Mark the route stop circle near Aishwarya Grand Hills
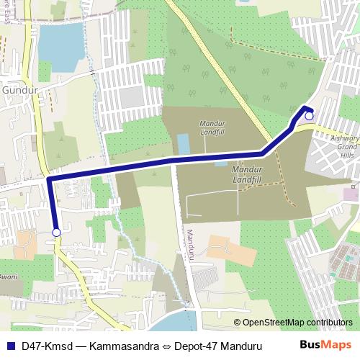pos(309,116)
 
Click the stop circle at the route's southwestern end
pos(56,233)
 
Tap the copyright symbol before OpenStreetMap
pos(238,323)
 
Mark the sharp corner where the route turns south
pos(49,176)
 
